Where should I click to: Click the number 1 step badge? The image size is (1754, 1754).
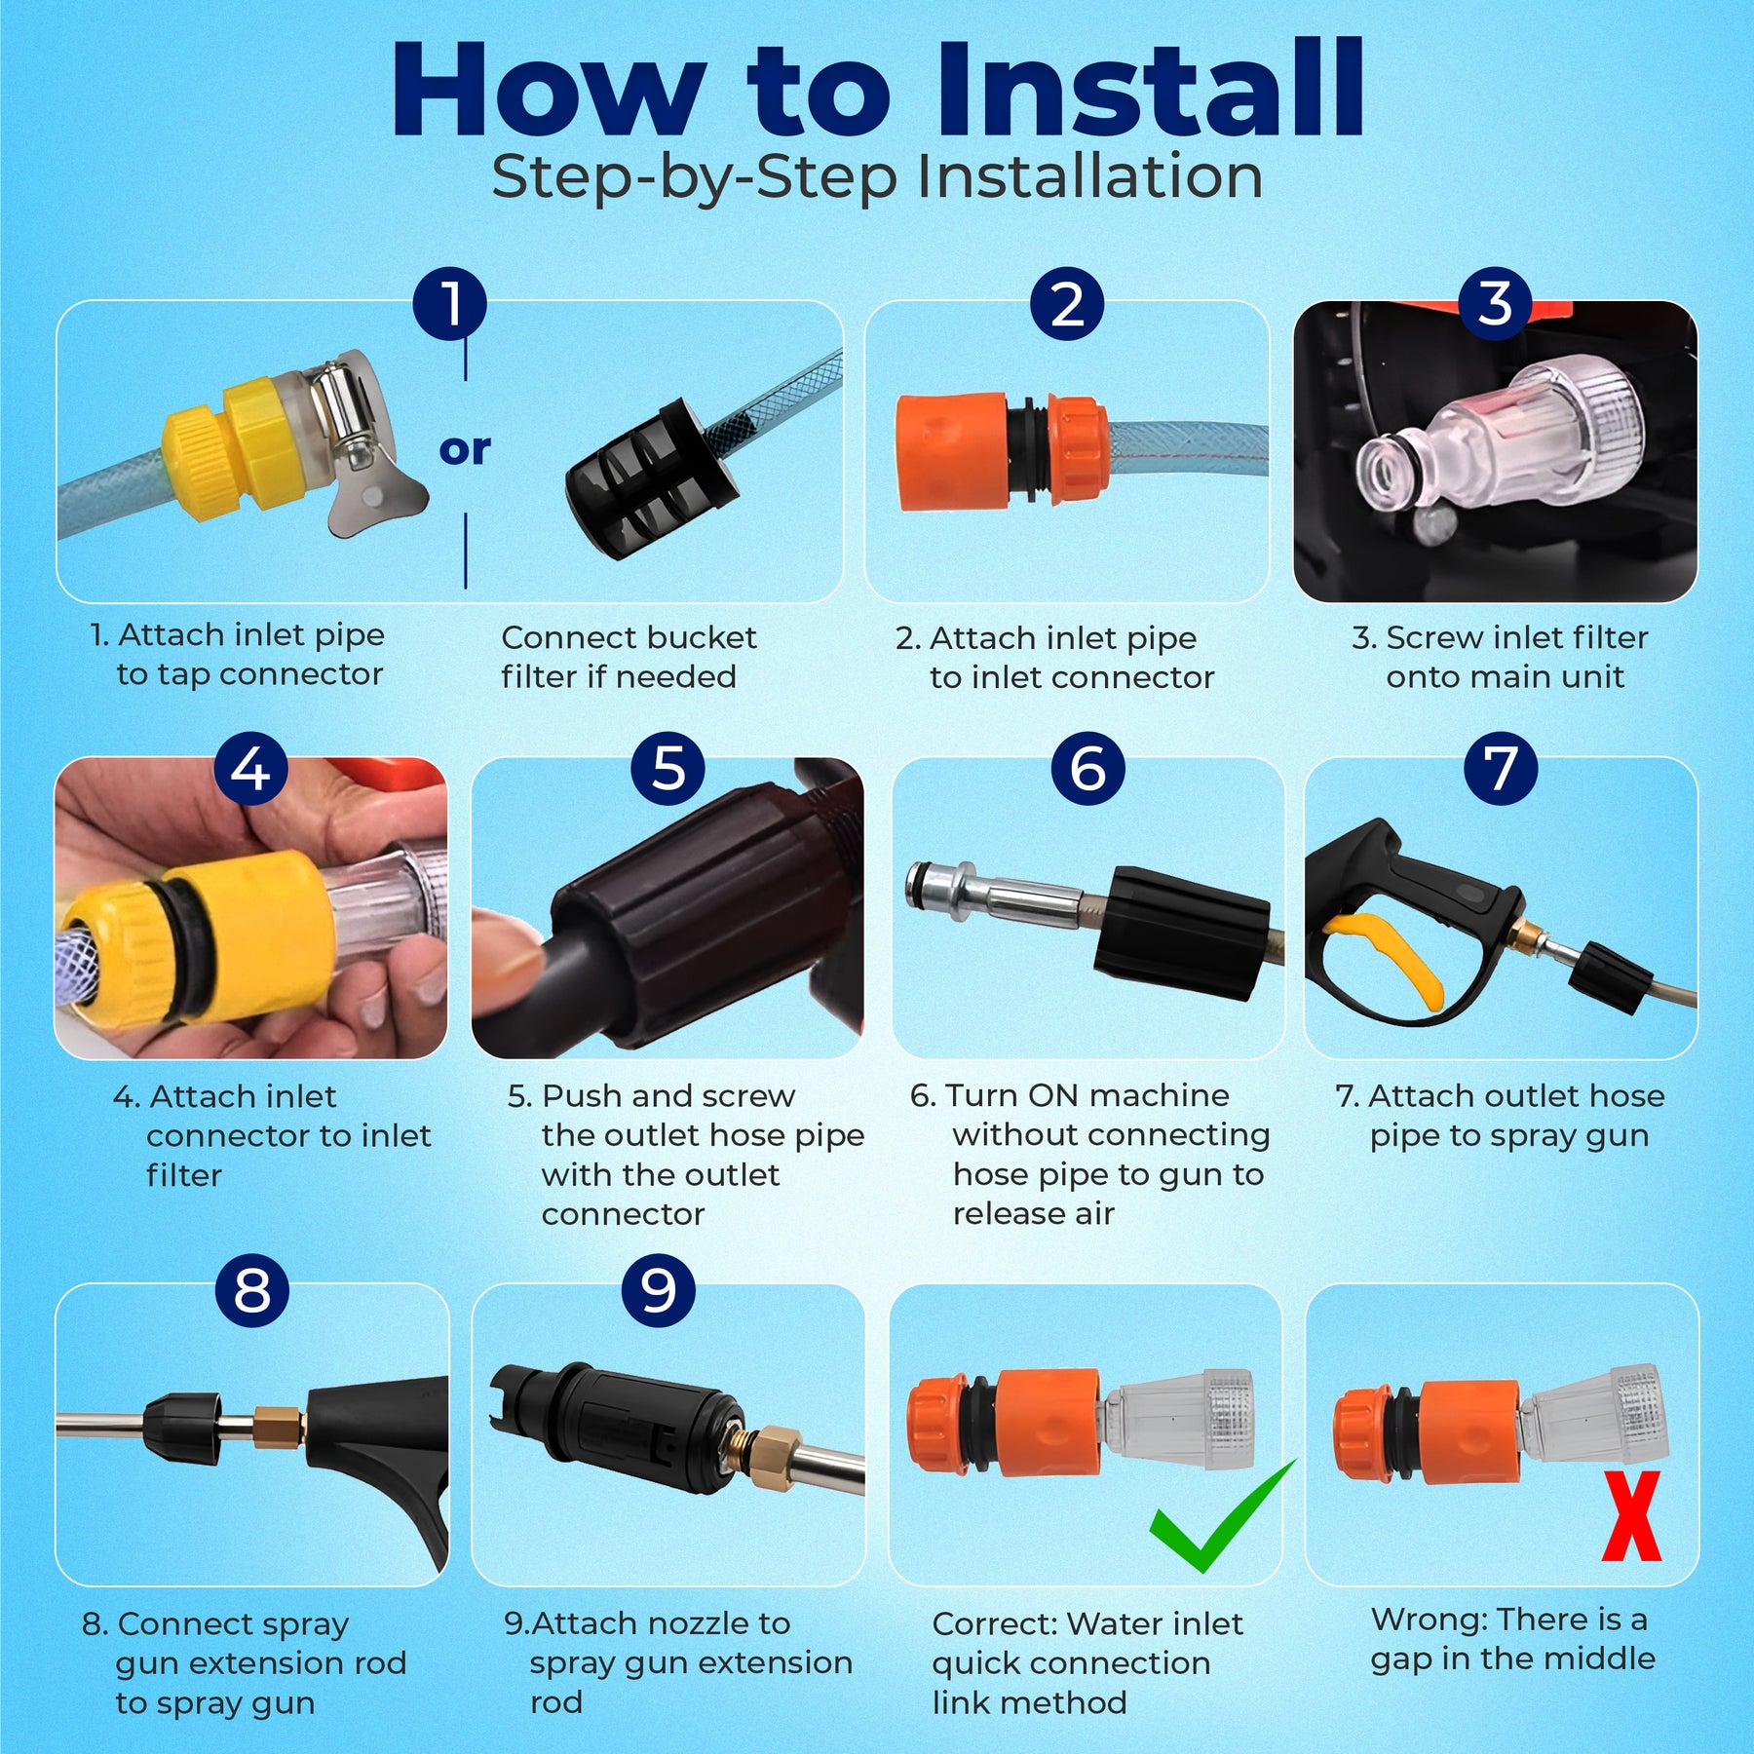pos(450,303)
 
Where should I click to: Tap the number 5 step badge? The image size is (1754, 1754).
pos(667,768)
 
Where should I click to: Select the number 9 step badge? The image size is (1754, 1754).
pos(658,1290)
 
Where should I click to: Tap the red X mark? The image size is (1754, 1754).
pos(1631,1515)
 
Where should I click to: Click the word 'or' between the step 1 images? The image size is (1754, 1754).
pos(465,449)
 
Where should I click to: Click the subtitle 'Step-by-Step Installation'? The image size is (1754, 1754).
pos(877,177)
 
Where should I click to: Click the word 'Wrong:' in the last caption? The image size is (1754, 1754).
pos(1429,1620)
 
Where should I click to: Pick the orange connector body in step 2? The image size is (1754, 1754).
pos(951,452)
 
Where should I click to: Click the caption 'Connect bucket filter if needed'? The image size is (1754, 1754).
pos(629,657)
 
